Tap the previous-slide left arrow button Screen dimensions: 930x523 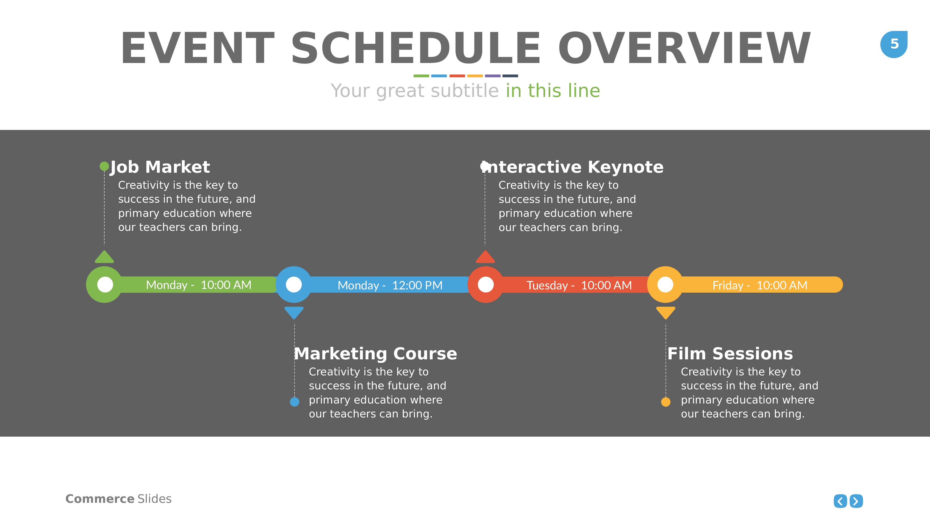click(840, 501)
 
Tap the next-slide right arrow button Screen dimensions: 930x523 click(856, 501)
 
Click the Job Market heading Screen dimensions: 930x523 click(160, 167)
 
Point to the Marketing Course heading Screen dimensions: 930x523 click(376, 354)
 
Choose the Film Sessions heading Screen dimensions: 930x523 click(730, 354)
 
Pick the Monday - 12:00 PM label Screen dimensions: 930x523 click(390, 285)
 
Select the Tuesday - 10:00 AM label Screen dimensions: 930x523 click(579, 285)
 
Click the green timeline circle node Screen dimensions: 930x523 click(105, 285)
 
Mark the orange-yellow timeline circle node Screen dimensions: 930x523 click(665, 285)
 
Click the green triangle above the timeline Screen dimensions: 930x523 click(104, 257)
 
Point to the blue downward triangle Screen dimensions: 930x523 click(294, 313)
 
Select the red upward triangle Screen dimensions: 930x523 click(485, 257)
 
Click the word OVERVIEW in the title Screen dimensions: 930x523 click(684, 48)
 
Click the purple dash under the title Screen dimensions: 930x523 click(492, 76)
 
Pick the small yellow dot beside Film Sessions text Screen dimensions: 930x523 click(666, 402)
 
